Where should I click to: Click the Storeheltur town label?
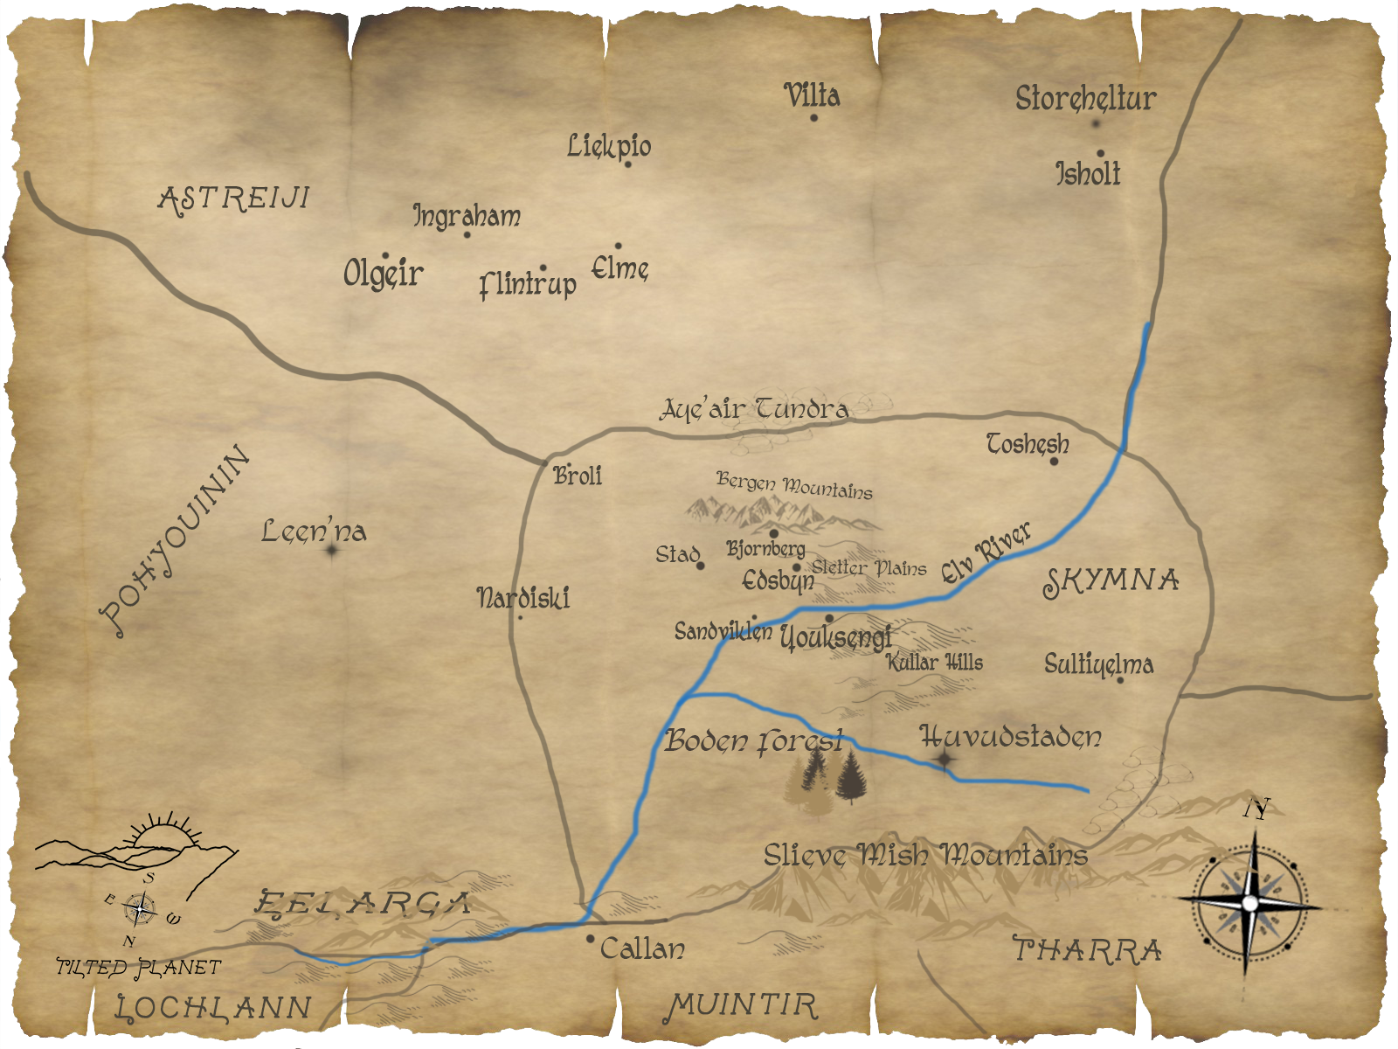tap(1085, 99)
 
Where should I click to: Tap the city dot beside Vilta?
tap(813, 117)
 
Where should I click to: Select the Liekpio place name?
tap(609, 146)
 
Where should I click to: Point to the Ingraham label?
tap(467, 216)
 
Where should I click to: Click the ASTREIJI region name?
tap(234, 198)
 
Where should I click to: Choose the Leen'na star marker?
tap(332, 551)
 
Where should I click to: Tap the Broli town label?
tap(578, 476)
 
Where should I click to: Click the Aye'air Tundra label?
tap(753, 409)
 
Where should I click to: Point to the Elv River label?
tap(986, 552)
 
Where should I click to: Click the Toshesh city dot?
tap(1054, 461)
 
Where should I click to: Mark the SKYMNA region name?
tap(1111, 581)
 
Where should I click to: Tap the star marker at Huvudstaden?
tap(945, 759)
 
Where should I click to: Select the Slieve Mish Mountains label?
tap(925, 854)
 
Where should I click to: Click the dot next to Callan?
tap(591, 939)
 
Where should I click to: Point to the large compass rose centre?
tap(1250, 902)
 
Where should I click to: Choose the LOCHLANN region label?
tap(214, 1008)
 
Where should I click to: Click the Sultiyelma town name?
tap(1098, 664)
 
